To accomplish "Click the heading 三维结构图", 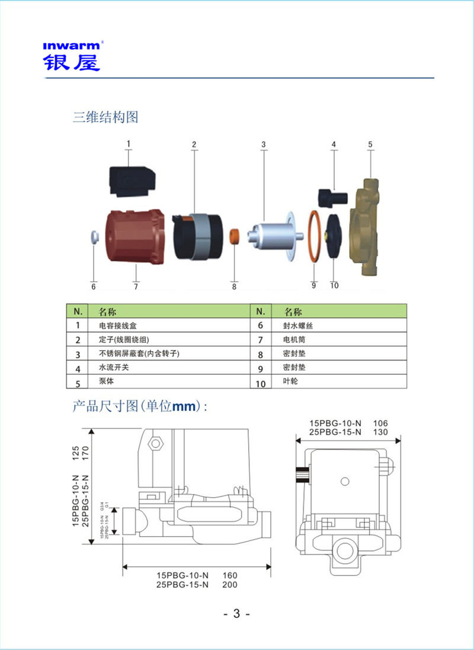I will pos(105,117).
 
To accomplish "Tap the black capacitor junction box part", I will pos(132,181).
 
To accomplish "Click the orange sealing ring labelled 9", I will pos(315,235).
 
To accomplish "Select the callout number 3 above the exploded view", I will pos(264,144).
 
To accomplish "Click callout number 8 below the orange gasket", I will pos(234,286).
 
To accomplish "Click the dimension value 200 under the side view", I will pos(230,585).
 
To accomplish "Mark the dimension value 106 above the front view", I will pos(380,423).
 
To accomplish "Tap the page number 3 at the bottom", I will pos(236,614).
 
